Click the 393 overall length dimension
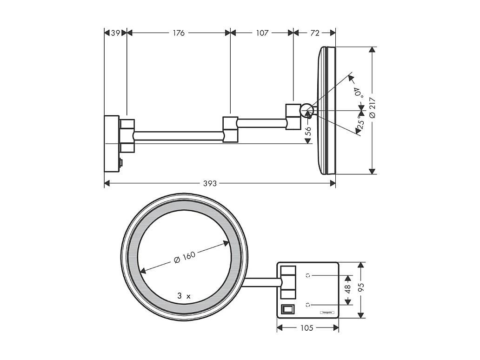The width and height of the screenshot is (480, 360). tap(210, 183)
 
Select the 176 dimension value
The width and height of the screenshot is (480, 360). tap(179, 33)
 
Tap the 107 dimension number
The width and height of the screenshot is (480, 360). tap(262, 33)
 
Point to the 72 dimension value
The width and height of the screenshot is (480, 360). tap(314, 33)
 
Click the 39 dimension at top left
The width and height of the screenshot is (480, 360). tap(115, 33)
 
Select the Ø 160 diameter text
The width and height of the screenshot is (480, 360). tap(184, 257)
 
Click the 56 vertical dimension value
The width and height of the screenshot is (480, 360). tap(308, 132)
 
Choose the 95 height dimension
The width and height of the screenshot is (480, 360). tap(361, 289)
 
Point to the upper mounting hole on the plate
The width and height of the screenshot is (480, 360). tap(308, 275)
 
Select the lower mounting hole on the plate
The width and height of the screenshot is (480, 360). tap(308, 304)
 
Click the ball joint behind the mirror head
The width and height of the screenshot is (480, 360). tap(306, 110)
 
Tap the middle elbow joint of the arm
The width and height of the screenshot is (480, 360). tap(230, 129)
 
